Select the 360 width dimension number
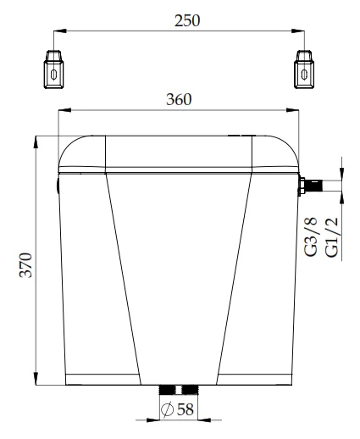[179, 98]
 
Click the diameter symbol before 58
[168, 411]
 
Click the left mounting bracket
[54, 69]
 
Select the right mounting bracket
[303, 69]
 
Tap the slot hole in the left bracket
[54, 74]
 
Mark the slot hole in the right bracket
[303, 74]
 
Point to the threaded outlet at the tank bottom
[179, 390]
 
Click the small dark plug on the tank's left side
[57, 182]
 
